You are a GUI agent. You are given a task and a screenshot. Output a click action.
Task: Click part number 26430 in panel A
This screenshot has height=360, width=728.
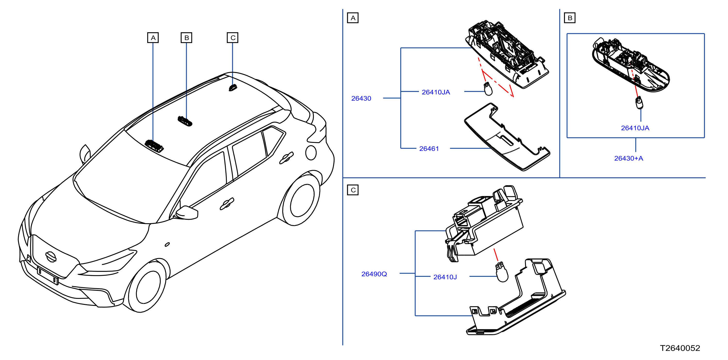tap(361, 98)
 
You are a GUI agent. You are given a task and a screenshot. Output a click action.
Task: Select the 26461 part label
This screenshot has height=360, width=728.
tap(429, 149)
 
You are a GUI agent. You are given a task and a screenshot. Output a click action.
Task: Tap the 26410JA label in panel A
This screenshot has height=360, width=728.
tap(436, 92)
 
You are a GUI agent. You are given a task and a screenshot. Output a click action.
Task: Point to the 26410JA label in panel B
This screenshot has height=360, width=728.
tap(635, 128)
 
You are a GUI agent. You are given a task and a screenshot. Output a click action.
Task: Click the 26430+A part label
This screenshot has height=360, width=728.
tap(629, 158)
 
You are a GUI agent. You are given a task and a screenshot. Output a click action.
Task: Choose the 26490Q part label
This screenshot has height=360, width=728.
tap(374, 274)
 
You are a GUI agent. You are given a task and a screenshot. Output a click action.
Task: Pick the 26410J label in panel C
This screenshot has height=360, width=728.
tap(445, 277)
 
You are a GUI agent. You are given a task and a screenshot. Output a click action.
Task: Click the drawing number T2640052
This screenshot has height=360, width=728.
tap(680, 348)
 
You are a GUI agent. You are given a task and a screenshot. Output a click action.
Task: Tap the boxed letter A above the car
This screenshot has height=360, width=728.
tap(153, 38)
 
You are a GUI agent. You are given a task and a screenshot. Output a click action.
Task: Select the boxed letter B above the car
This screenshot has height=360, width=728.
tap(186, 38)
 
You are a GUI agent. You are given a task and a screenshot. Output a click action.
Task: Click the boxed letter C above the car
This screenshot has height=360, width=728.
tap(233, 38)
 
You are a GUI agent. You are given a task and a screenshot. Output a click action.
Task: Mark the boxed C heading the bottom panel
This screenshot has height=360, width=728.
tap(353, 190)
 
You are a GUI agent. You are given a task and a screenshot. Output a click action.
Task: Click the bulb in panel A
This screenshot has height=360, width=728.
tap(488, 89)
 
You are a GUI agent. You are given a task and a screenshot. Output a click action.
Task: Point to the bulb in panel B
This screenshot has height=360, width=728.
tap(639, 103)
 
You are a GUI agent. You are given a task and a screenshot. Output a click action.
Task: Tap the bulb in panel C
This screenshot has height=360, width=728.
tap(502, 272)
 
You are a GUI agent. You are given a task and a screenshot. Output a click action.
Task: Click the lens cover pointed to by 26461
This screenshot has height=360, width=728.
tap(507, 137)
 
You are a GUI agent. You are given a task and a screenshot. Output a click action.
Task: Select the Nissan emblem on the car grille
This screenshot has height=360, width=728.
tap(51, 257)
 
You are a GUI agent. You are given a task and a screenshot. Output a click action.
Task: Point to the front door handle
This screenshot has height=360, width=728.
tap(227, 204)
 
